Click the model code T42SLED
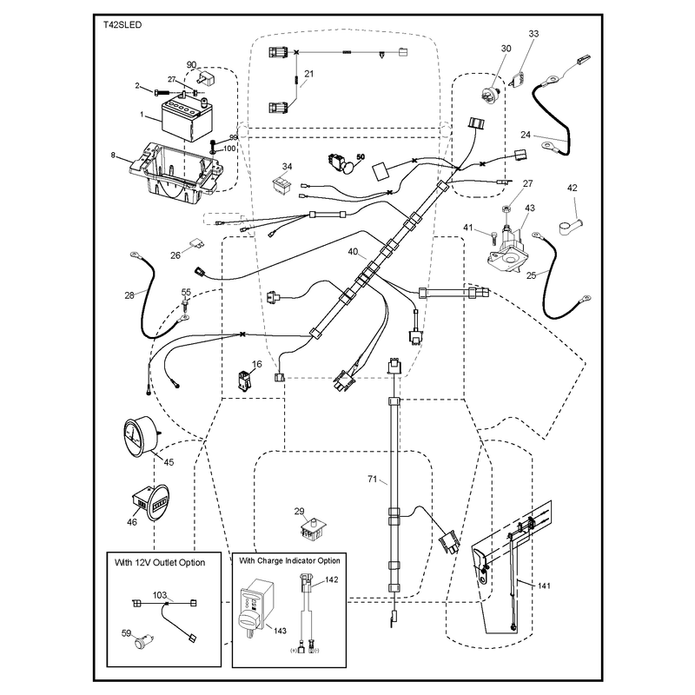(122, 25)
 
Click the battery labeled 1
(183, 117)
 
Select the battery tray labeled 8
(176, 173)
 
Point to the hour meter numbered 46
(150, 503)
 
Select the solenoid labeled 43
(507, 249)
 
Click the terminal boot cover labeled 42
(571, 226)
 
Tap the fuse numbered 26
(196, 243)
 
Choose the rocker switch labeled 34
(281, 185)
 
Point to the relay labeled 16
(245, 381)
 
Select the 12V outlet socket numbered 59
(144, 642)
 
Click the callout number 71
(373, 480)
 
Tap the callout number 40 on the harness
(353, 252)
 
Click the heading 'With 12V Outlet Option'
(160, 562)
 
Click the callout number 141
(544, 586)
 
